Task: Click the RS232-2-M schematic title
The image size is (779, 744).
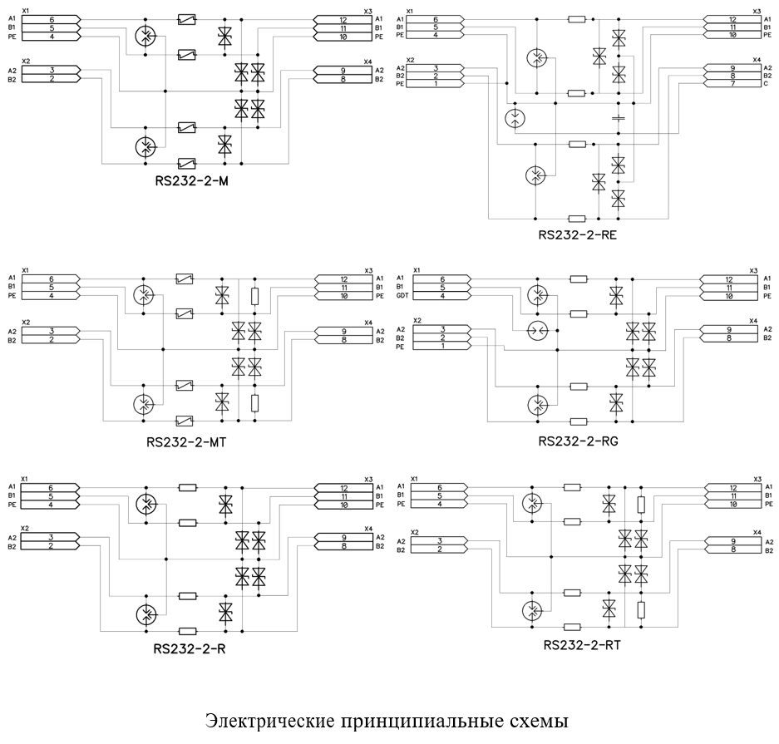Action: [192, 181]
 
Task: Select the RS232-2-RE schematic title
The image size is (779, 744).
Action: [577, 235]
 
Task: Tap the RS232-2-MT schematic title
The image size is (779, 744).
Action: [186, 442]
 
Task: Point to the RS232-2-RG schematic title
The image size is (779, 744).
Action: [579, 441]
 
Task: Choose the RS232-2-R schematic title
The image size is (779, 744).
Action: [190, 649]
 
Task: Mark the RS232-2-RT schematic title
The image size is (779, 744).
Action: [582, 645]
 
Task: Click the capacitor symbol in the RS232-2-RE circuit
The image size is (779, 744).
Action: [618, 118]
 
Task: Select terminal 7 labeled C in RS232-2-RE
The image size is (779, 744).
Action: [732, 84]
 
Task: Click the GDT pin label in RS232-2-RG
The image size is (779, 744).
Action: [402, 295]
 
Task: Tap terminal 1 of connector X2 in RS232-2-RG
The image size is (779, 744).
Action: [442, 346]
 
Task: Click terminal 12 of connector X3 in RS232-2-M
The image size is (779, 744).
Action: [343, 20]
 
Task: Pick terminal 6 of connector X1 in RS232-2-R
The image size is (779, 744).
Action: [50, 488]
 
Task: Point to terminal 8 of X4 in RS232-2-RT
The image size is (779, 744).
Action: [733, 549]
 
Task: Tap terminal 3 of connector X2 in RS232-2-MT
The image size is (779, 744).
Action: [52, 332]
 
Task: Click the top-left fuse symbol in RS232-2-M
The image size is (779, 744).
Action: [186, 20]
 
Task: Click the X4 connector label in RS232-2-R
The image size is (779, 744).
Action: [367, 529]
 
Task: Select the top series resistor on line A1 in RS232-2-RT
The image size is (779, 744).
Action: [572, 488]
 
